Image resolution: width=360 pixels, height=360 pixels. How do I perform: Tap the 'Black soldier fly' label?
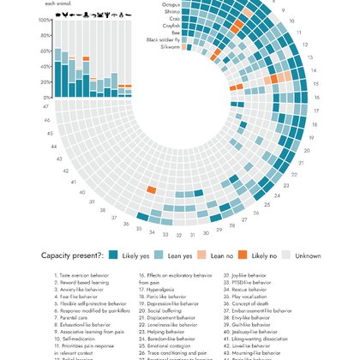coord(163,39)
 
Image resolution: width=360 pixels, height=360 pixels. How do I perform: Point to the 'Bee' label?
coord(175,33)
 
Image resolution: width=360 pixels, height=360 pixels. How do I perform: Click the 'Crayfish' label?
coord(170,26)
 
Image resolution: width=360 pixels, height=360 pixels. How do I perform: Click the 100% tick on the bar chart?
coord(44,20)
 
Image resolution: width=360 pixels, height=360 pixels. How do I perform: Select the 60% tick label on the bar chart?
coord(45,51)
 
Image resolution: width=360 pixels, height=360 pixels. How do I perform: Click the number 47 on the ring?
coord(46,107)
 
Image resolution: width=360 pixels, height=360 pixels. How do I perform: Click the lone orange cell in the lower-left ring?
coord(151,190)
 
